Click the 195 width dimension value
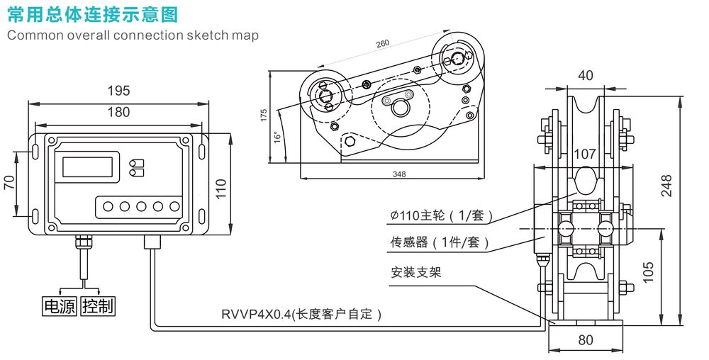(x=118, y=91)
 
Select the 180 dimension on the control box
(x=118, y=111)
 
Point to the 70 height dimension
(x=9, y=182)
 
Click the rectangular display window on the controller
(x=89, y=167)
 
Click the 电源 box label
(x=60, y=306)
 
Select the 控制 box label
(x=98, y=306)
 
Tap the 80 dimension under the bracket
(x=586, y=339)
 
